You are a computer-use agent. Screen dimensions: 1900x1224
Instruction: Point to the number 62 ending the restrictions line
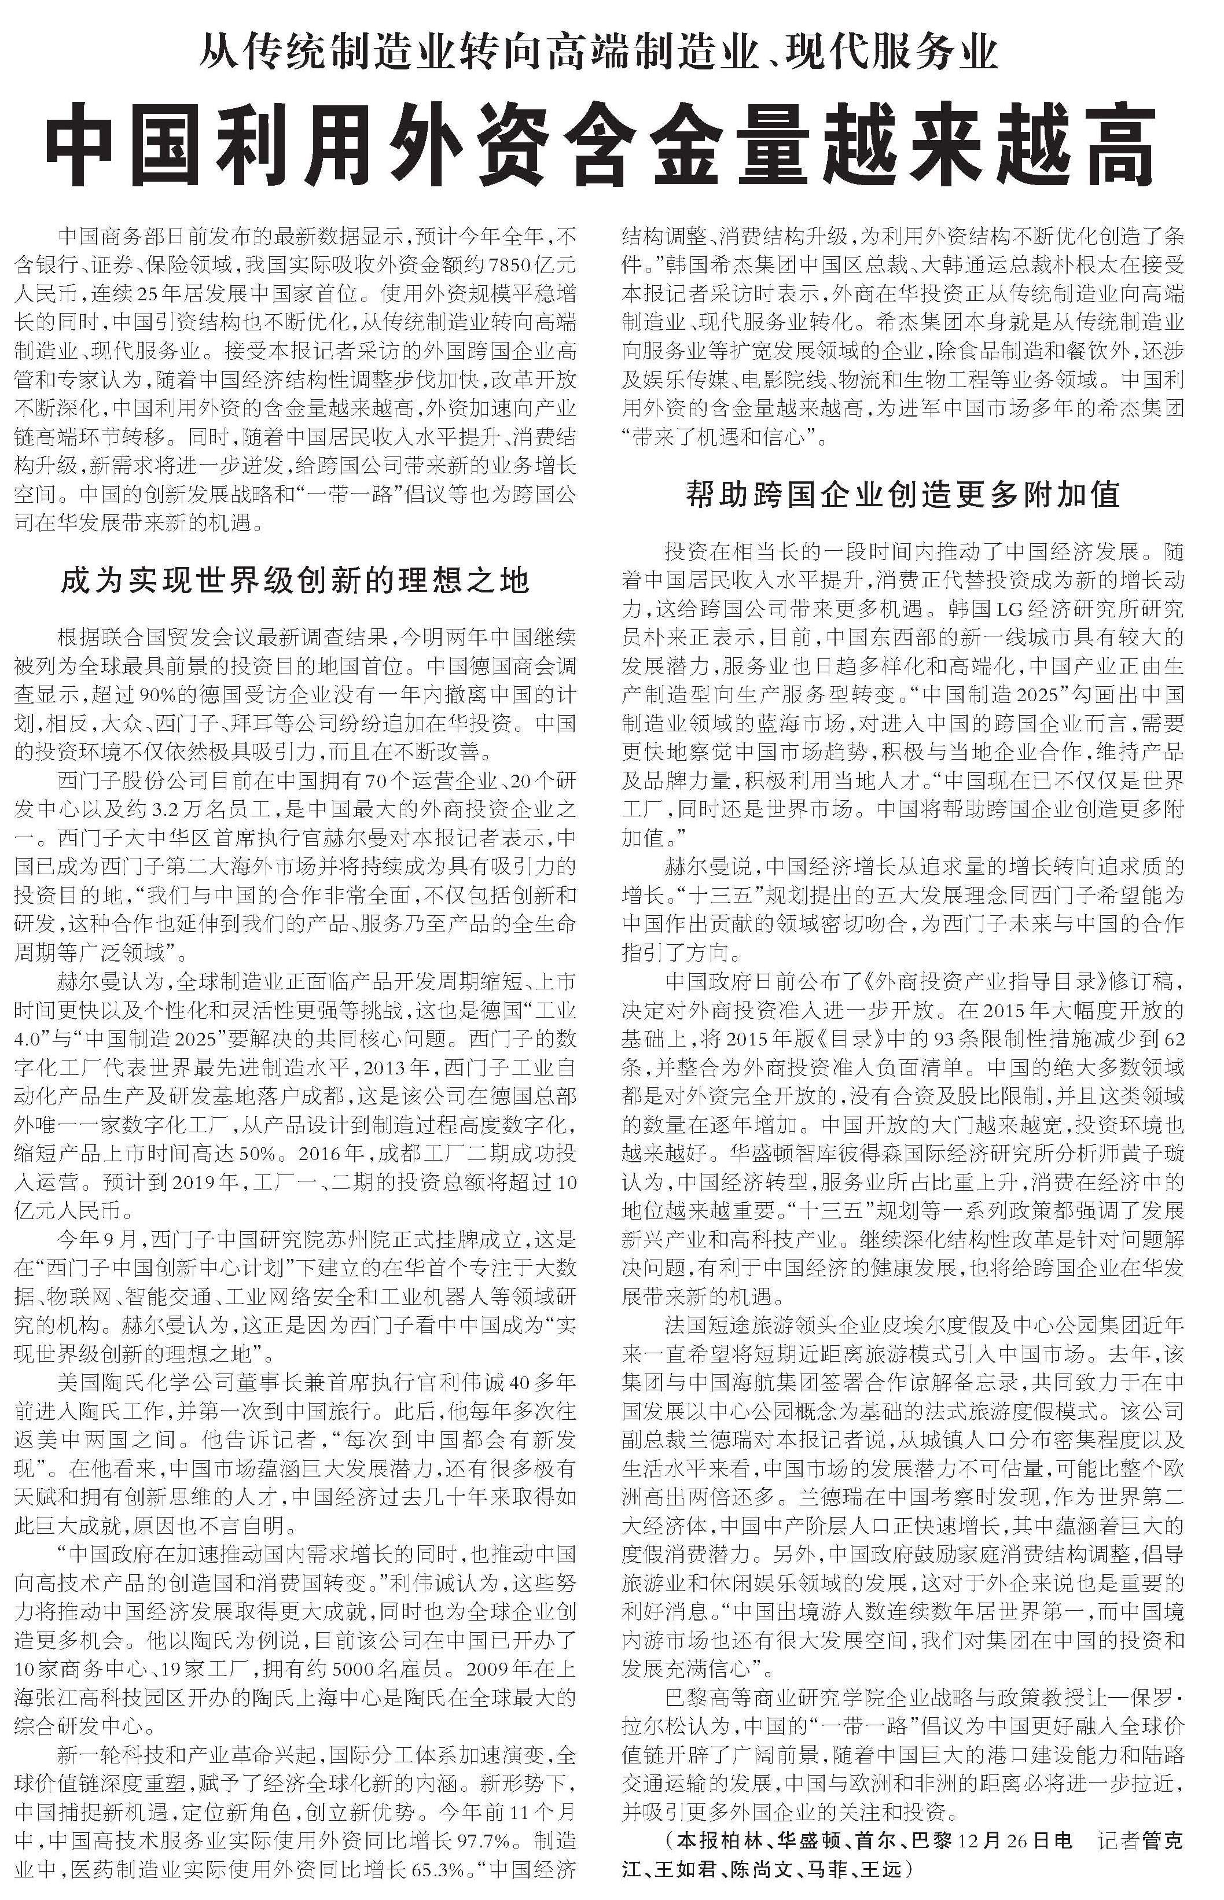(1172, 1040)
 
